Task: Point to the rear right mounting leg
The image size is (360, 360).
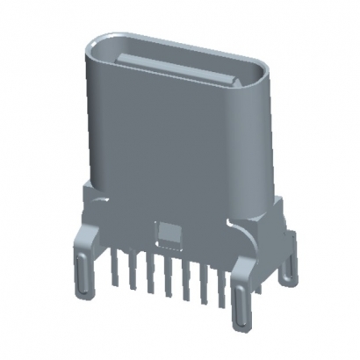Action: click(286, 255)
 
